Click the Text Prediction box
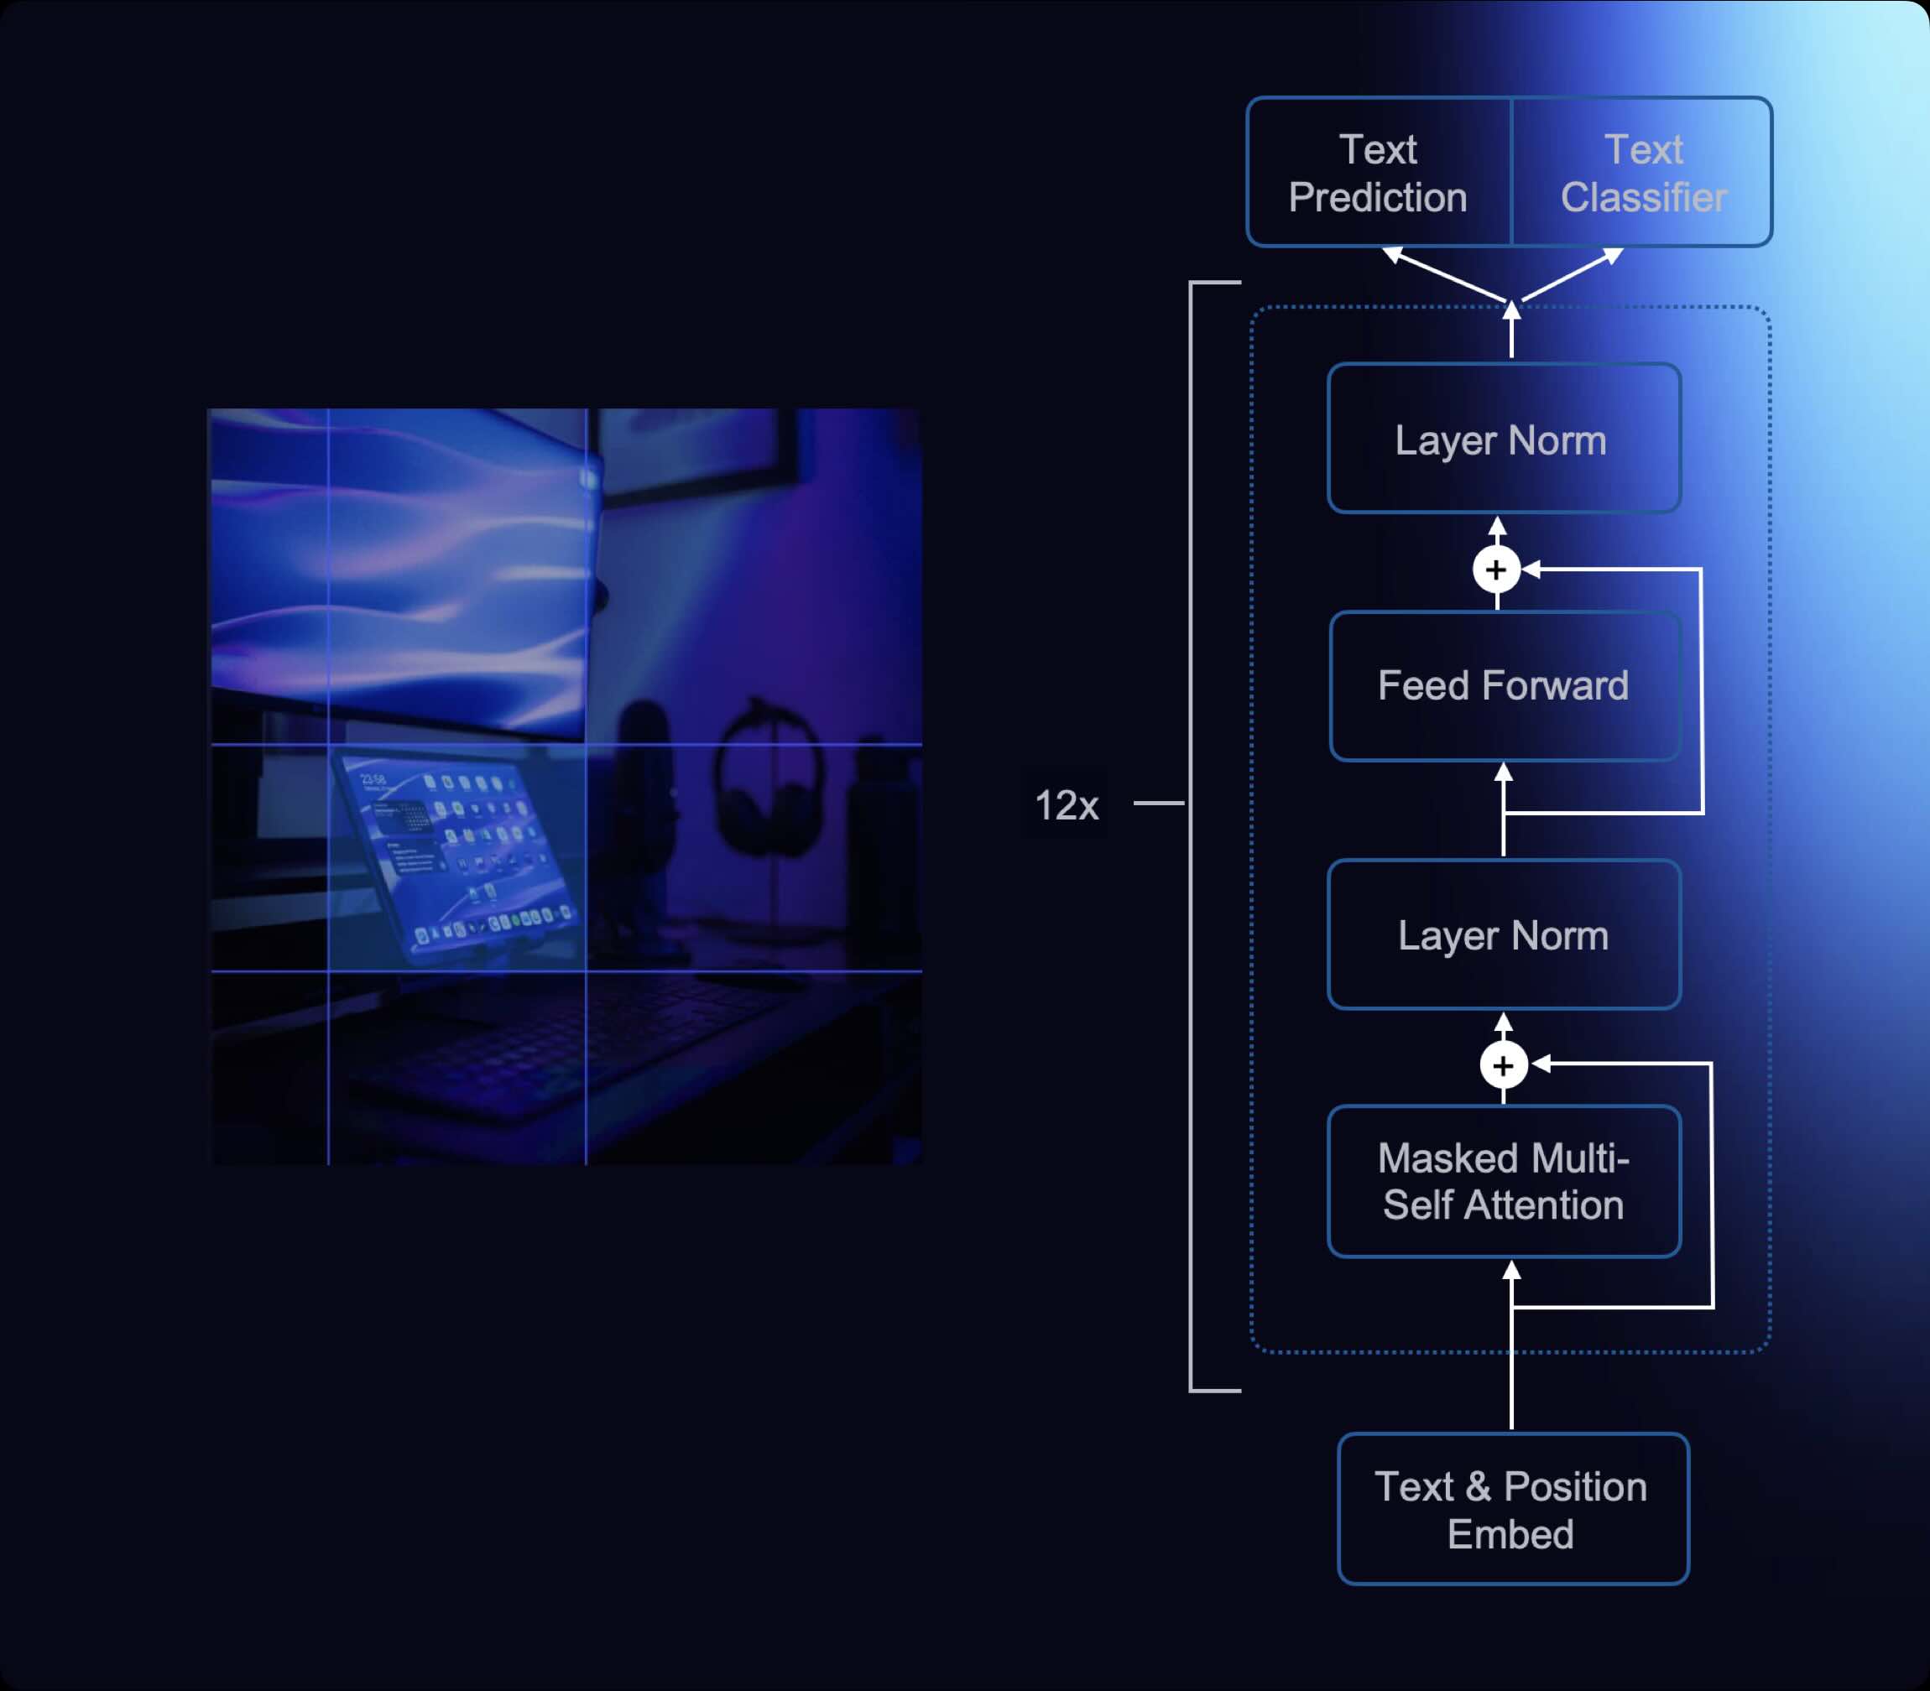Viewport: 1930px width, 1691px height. (x=1378, y=173)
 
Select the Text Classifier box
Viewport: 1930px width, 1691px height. (x=1642, y=173)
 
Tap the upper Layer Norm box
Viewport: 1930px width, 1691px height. (x=1504, y=439)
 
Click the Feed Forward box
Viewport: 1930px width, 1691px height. (x=1504, y=686)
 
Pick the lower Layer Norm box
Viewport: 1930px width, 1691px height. (x=1504, y=935)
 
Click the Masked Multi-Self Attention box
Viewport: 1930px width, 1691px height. (x=1504, y=1181)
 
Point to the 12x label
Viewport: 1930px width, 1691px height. (x=1067, y=805)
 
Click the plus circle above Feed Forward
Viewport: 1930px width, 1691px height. (x=1496, y=570)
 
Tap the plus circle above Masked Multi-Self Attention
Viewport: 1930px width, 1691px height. (x=1504, y=1065)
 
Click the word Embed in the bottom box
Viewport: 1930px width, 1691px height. (x=1510, y=1534)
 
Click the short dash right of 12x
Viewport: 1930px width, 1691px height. (x=1158, y=803)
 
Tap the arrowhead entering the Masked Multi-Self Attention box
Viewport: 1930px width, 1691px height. (x=1511, y=1270)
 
